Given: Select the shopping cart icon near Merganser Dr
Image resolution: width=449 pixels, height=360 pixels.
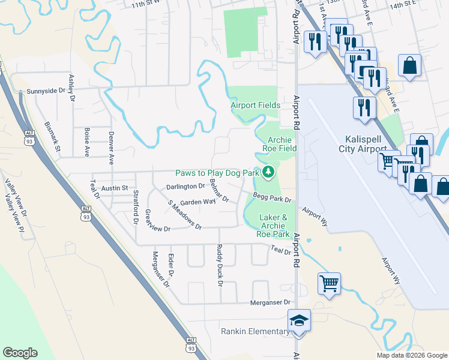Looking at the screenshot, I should (x=329, y=283).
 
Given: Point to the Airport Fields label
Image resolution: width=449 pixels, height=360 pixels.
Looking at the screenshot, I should (x=256, y=106).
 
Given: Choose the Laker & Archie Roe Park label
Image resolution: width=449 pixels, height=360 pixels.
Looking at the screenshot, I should (x=274, y=226).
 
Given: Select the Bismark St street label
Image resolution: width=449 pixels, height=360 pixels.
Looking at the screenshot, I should (x=53, y=136).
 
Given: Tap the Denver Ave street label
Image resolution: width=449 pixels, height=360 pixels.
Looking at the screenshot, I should (x=111, y=148).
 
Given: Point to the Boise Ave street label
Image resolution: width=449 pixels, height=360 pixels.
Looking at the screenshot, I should (x=87, y=142).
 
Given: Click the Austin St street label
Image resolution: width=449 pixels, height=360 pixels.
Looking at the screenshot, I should (x=115, y=188).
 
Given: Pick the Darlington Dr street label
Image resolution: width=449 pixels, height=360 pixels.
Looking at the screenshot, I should (x=186, y=187).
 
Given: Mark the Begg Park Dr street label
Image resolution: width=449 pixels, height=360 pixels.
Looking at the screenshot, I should (x=272, y=198).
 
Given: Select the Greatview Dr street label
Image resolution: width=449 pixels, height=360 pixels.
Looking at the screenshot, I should (x=154, y=229).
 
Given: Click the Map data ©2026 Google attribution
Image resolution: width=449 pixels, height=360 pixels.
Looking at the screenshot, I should (x=412, y=355).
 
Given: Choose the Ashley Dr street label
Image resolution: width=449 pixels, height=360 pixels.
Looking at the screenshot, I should (x=71, y=86).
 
